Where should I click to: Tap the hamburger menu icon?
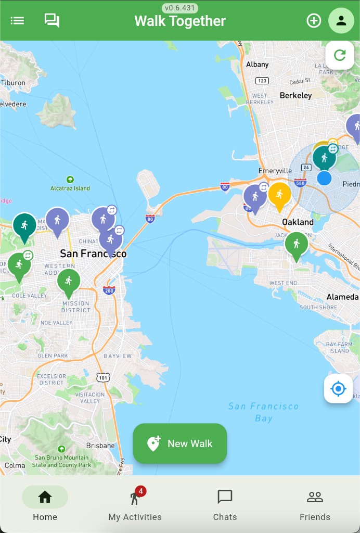17,21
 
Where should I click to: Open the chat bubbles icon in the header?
52,21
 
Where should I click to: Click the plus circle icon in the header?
314,21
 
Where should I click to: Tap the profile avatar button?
341,21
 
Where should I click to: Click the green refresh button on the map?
340,55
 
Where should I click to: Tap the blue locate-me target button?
338,388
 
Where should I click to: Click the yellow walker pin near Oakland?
279,195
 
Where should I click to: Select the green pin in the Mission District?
69,281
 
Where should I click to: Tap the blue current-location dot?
324,178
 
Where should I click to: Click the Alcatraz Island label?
70,188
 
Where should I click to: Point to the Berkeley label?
295,95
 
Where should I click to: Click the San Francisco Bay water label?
263,412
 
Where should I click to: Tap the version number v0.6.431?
180,8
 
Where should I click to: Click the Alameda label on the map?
342,297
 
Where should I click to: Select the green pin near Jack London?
297,244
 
